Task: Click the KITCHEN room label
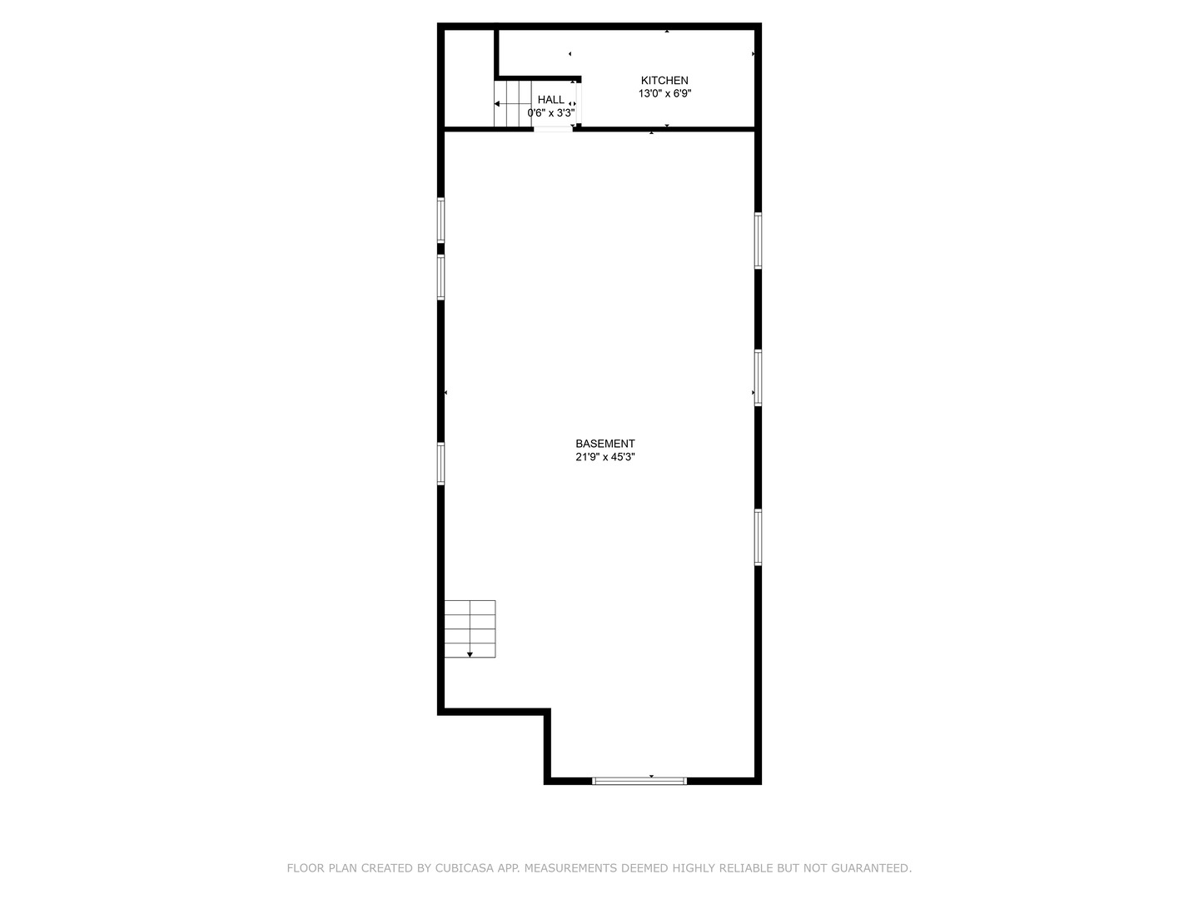(664, 81)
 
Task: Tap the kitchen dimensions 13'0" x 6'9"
(664, 94)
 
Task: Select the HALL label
(550, 100)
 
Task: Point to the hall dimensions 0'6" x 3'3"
(550, 113)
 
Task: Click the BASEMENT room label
(605, 444)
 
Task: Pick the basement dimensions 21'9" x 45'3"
(605, 457)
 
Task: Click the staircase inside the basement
(470, 628)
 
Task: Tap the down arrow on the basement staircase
(470, 654)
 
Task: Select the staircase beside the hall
(513, 104)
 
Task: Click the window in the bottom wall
(639, 781)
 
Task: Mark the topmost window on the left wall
(440, 220)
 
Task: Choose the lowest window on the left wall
(440, 464)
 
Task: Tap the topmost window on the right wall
(758, 241)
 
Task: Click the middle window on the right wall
(758, 378)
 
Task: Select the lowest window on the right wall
(758, 537)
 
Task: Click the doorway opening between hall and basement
(553, 129)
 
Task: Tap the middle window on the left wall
(440, 276)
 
